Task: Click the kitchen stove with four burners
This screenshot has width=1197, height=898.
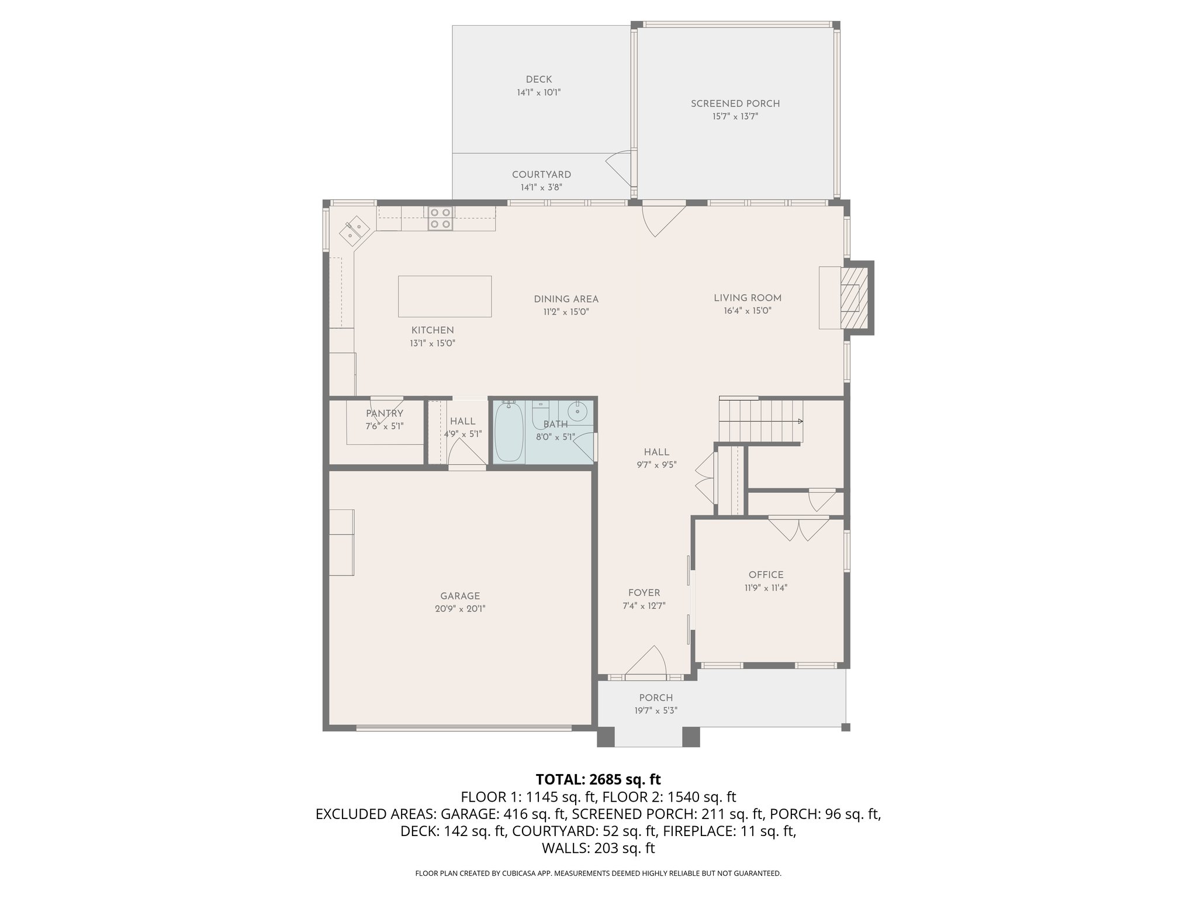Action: pyautogui.click(x=440, y=218)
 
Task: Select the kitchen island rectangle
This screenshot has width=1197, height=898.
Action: pyautogui.click(x=444, y=296)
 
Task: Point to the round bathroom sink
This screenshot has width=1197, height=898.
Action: pyautogui.click(x=577, y=412)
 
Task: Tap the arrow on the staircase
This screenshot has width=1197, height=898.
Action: pyautogui.click(x=800, y=421)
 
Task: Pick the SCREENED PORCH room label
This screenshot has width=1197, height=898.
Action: pyautogui.click(x=735, y=103)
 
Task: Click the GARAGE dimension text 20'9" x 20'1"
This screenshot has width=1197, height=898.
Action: pyautogui.click(x=460, y=609)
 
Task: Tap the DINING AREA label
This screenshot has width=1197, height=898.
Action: pyautogui.click(x=566, y=299)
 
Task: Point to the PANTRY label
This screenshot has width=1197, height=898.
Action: pyautogui.click(x=385, y=413)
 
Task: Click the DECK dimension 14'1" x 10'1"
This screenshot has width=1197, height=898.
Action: pyautogui.click(x=538, y=92)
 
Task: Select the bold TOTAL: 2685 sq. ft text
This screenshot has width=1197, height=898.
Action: pyautogui.click(x=598, y=779)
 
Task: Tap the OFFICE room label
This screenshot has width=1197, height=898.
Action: pyautogui.click(x=766, y=575)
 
